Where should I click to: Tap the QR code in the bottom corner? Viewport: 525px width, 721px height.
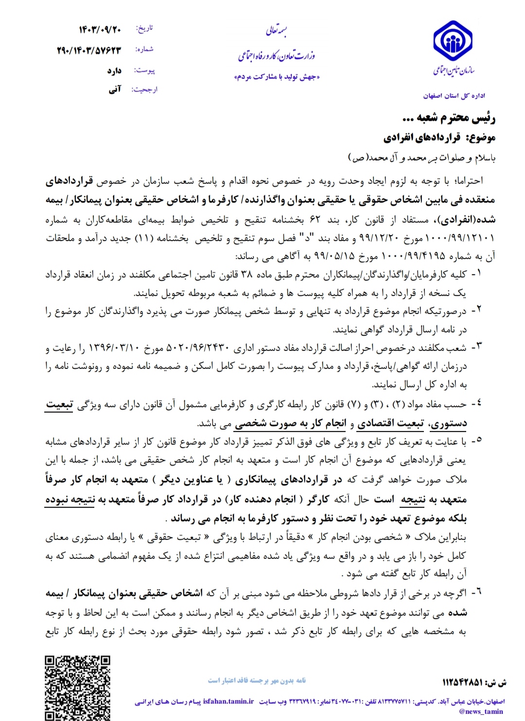[x=78, y=687]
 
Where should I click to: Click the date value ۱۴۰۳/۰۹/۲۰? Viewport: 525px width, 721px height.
[x=100, y=30]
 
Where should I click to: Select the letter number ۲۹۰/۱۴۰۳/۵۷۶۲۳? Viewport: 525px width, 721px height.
[x=89, y=50]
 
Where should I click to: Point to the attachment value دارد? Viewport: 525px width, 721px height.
[x=114, y=71]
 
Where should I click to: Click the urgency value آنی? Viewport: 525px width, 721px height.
[x=115, y=89]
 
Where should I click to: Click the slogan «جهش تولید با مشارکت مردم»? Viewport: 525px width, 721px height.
[x=277, y=77]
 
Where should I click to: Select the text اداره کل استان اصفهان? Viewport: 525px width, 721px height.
[x=454, y=96]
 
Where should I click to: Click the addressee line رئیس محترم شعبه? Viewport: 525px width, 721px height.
[x=449, y=118]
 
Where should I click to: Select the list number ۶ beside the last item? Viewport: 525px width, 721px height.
[x=479, y=592]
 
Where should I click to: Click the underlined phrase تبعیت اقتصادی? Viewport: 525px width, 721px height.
[x=391, y=424]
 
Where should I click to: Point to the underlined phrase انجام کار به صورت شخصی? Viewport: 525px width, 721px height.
[x=290, y=424]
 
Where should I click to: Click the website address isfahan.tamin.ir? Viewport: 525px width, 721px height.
[x=228, y=701]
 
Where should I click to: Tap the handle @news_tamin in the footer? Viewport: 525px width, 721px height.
[x=481, y=712]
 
